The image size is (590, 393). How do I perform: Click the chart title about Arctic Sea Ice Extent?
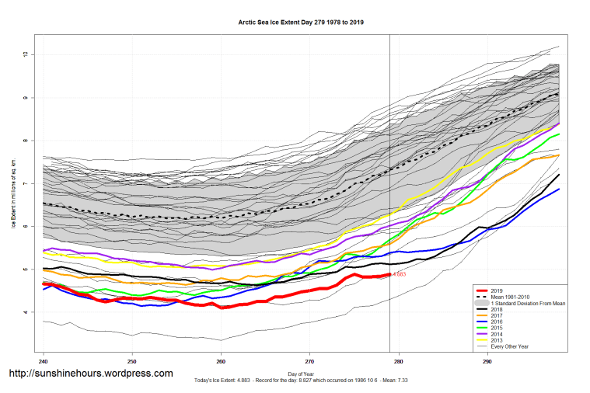300,23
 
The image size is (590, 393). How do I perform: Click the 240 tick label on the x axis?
44,362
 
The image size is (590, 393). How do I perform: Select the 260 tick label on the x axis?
221,362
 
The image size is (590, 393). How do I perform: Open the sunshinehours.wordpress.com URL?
90,374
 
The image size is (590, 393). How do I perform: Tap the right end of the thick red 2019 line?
389,274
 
